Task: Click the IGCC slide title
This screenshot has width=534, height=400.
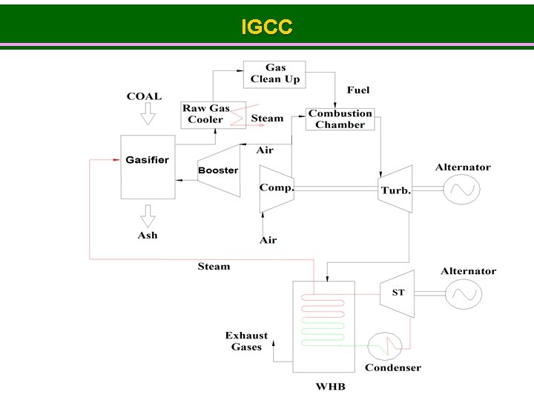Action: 267,27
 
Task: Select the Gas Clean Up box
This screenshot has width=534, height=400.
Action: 274,73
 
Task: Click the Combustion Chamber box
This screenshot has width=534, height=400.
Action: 340,119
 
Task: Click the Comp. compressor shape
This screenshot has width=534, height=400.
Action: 275,188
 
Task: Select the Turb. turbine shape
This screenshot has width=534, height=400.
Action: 395,190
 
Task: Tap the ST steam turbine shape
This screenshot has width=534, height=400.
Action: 398,293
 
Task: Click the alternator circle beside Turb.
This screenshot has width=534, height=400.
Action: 461,190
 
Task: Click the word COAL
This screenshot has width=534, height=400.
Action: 144,96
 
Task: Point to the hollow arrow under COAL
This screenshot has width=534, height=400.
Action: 147,115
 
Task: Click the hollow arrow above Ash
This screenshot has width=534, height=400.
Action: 147,216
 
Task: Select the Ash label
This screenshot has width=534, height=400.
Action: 148,236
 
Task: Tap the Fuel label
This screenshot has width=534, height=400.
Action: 358,90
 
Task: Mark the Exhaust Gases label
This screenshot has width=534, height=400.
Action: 246,341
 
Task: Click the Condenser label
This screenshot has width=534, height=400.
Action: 392,367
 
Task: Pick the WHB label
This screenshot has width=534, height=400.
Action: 330,387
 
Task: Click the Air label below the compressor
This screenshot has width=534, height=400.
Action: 268,240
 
